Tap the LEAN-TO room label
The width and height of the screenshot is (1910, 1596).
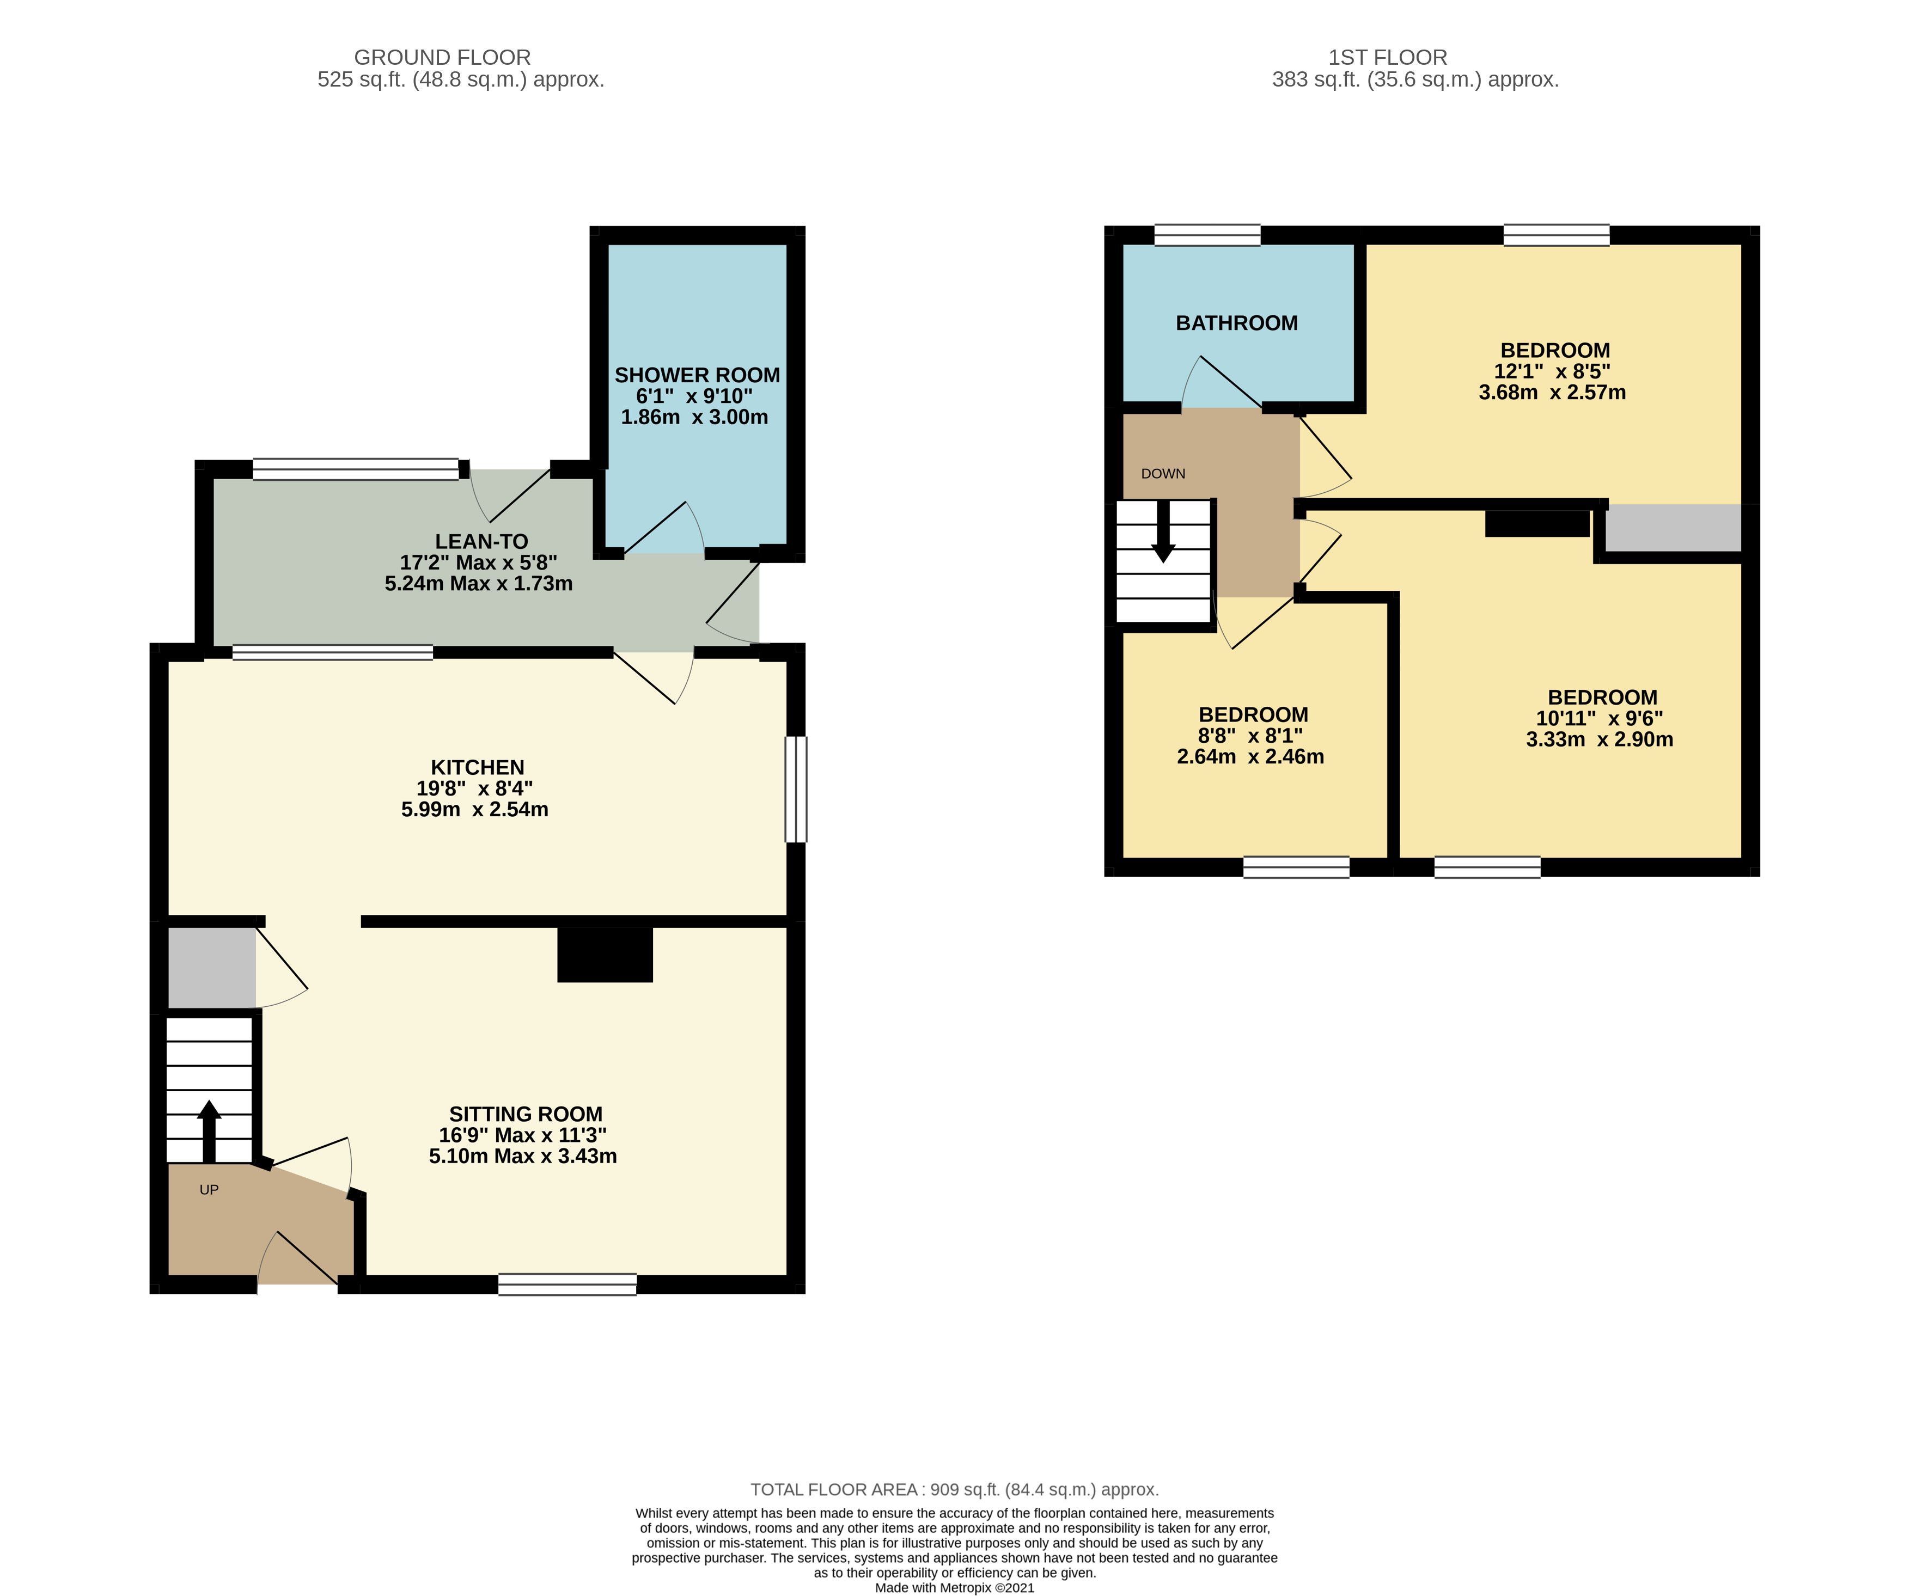(481, 541)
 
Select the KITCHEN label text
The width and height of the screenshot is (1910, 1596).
(478, 768)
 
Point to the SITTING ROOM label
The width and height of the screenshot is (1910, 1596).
(526, 1114)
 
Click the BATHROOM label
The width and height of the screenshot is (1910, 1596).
(1237, 323)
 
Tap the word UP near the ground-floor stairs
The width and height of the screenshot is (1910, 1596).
(209, 1189)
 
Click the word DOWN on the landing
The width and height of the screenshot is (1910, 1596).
(1163, 474)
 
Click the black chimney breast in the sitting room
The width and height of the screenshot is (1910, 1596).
(605, 954)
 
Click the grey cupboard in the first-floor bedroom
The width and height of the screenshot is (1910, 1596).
(1674, 528)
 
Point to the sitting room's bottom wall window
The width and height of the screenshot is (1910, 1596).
(567, 1284)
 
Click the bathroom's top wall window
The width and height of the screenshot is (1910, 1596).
(1208, 235)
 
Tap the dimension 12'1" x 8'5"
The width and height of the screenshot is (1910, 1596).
(1553, 371)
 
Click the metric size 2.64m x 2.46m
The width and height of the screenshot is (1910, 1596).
(1250, 757)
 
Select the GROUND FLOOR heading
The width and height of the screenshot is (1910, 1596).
(442, 57)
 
